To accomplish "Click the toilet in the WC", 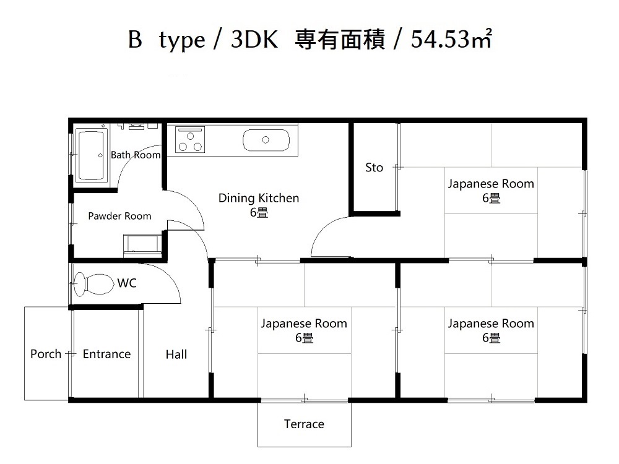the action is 93,284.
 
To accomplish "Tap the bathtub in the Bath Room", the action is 91,155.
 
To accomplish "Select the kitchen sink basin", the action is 266,140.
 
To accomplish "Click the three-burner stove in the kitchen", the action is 190,139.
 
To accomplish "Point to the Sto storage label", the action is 374,168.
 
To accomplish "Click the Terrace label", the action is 304,424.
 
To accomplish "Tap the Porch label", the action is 46,354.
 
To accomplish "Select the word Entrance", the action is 106,354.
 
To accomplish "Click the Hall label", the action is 176,354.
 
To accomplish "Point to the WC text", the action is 127,283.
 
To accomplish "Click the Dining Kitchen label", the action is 259,198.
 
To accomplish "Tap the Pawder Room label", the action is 119,216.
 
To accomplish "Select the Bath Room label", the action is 136,155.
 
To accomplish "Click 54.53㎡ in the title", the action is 451,39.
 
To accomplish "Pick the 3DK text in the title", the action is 254,40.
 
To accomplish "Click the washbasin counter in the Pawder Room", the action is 142,245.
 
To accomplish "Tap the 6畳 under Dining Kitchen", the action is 259,213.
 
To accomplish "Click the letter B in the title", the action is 135,40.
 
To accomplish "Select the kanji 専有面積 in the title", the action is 340,39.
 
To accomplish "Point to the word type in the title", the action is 183,41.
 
